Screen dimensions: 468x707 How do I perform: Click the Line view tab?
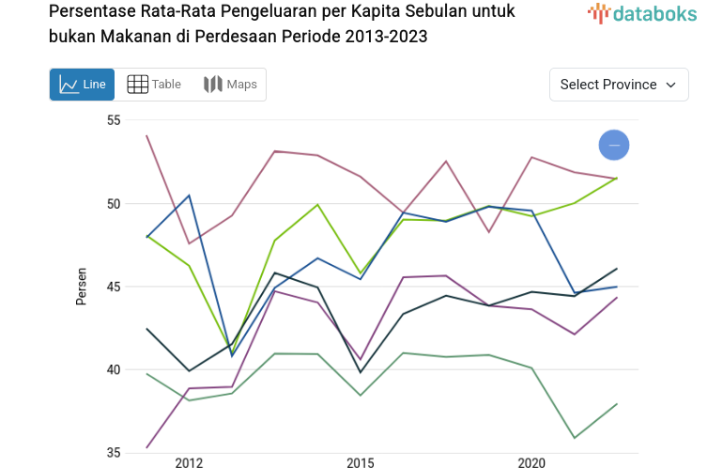[82, 85]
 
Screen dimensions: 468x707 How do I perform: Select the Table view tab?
[154, 85]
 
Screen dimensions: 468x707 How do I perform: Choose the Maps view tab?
[230, 85]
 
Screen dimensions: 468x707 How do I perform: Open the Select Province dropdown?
[619, 85]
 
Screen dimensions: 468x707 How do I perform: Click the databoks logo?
[642, 13]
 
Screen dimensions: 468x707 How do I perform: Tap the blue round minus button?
[614, 145]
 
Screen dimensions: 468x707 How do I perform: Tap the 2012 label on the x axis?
[189, 462]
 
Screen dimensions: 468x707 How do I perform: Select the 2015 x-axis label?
[361, 462]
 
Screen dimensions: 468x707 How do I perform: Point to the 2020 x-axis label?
[531, 462]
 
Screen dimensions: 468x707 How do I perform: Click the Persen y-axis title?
[82, 287]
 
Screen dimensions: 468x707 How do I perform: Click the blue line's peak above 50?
[190, 195]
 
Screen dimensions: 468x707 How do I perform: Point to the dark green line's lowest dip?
[361, 372]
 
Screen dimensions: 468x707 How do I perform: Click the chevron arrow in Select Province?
[671, 85]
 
